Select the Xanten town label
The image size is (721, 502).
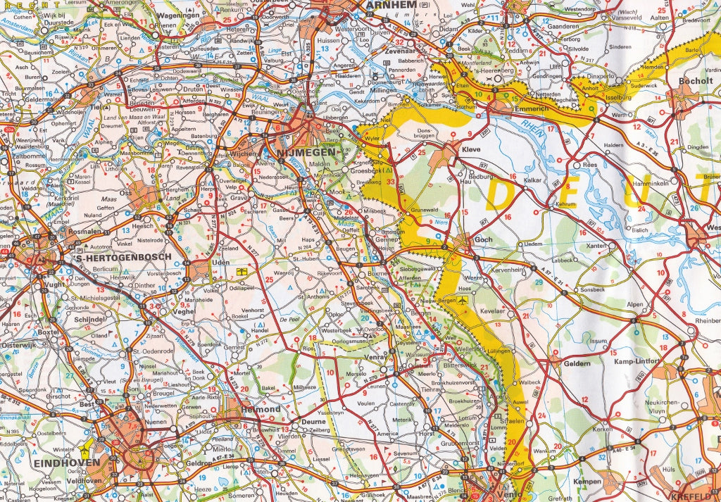(596, 245)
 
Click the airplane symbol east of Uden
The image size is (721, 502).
(242, 270)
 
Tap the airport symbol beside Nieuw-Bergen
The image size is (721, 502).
(462, 299)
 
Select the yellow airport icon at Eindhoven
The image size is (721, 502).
(87, 446)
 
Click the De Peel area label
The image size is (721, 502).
(289, 319)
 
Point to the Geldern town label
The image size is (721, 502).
(576, 363)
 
